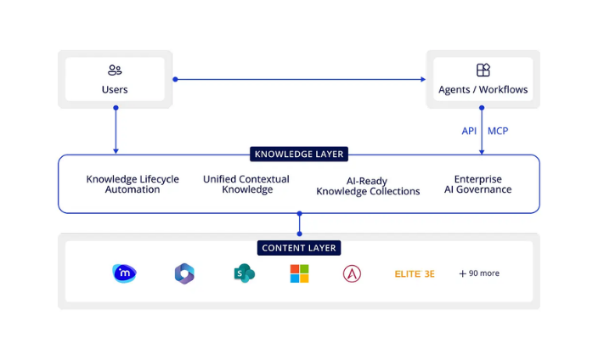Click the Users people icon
pos(115,70)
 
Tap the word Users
pos(115,89)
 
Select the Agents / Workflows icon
pos(483,70)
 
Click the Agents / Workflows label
pos(483,89)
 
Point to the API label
pos(469,131)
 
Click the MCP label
pos(498,131)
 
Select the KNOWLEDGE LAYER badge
pos(299,155)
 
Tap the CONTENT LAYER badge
pos(299,248)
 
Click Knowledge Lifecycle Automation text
pos(133,184)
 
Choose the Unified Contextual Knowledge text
pos(246,184)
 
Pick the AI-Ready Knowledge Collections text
pos(368,186)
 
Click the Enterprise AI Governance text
pos(477,184)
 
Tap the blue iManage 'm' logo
pos(124,273)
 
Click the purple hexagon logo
pos(184,273)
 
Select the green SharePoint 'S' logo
pos(244,273)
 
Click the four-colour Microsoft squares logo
pos(299,273)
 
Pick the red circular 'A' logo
pos(352,273)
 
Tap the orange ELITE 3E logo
pos(415,273)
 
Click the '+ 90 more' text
pos(479,273)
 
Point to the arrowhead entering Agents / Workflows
pos(422,79)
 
